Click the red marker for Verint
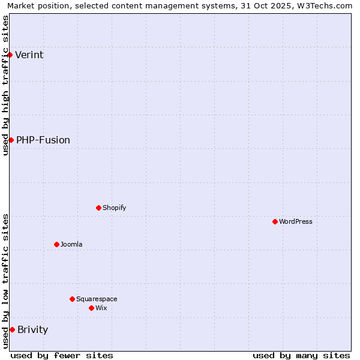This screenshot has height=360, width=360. (x=10, y=55)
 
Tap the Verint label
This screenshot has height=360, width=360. (x=29, y=55)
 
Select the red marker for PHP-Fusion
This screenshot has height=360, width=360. (x=11, y=140)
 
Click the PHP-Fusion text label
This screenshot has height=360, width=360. (x=43, y=140)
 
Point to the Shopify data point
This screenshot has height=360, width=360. (x=98, y=208)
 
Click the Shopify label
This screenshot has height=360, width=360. (x=114, y=208)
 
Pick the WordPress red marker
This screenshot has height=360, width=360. (x=275, y=221)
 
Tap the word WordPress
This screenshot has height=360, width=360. (x=296, y=222)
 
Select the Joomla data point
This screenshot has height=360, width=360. (x=56, y=244)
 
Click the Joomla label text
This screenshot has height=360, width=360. (x=71, y=245)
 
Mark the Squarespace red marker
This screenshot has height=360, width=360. (x=72, y=299)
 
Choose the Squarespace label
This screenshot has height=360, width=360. (x=97, y=299)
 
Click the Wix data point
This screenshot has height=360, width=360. (x=91, y=308)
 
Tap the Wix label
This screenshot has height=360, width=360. (x=101, y=308)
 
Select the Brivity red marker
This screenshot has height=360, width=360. (x=12, y=329)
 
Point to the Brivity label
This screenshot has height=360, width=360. (x=33, y=330)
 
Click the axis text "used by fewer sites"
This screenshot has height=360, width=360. (x=62, y=355)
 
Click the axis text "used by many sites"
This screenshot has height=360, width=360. (x=301, y=355)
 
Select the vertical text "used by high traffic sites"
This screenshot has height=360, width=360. (x=5, y=85)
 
